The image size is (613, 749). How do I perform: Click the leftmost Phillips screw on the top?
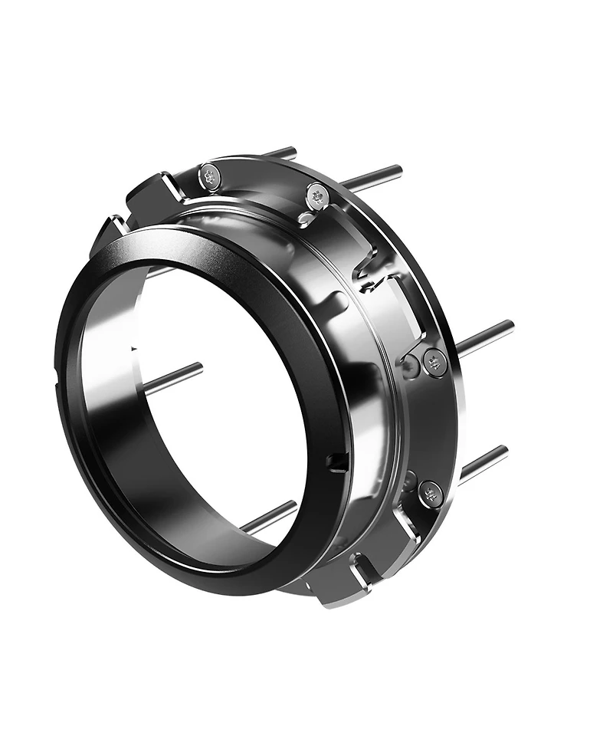click(x=210, y=177)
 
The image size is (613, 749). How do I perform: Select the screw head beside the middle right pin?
click(x=434, y=363)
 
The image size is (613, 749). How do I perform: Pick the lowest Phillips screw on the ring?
click(x=431, y=494)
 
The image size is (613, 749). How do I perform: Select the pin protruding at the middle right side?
click(x=486, y=337)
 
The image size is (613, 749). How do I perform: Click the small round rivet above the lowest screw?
click(x=409, y=481)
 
